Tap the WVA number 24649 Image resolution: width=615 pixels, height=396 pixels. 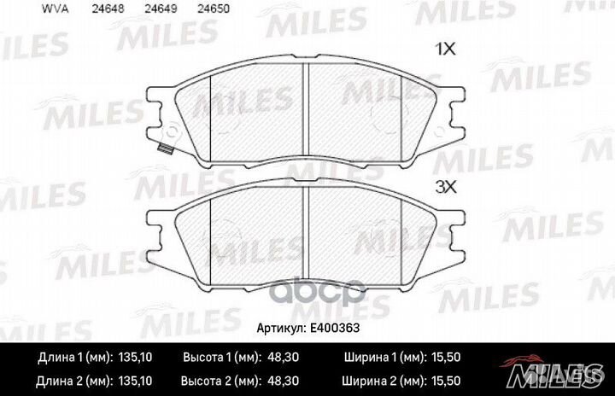pos(155,11)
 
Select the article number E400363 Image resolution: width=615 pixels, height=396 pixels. pos(336,328)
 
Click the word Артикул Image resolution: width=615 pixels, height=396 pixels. pos(281,328)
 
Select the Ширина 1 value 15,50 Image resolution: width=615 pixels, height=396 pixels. pos(446,358)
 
